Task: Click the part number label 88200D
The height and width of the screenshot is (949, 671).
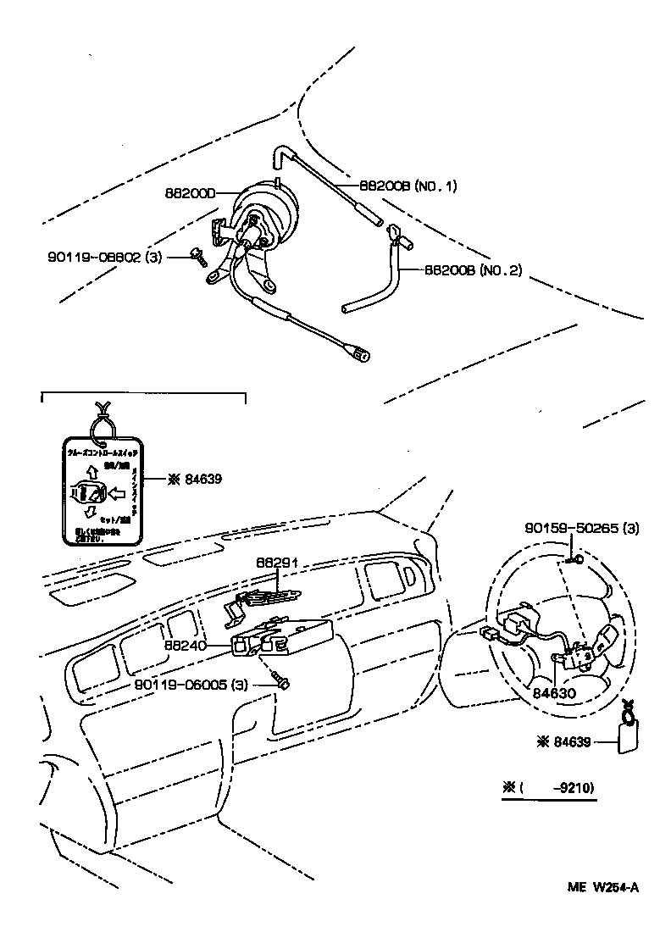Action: pyautogui.click(x=191, y=193)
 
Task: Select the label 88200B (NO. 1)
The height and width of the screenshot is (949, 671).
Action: pyautogui.click(x=408, y=186)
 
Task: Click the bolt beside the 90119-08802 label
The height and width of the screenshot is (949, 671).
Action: pyautogui.click(x=198, y=257)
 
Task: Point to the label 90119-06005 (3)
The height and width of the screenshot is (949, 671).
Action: pyautogui.click(x=191, y=685)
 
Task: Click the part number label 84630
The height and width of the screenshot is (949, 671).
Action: pyautogui.click(x=554, y=691)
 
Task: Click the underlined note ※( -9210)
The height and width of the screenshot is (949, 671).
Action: pyautogui.click(x=549, y=788)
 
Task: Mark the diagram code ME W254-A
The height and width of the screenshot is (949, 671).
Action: pyautogui.click(x=602, y=887)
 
